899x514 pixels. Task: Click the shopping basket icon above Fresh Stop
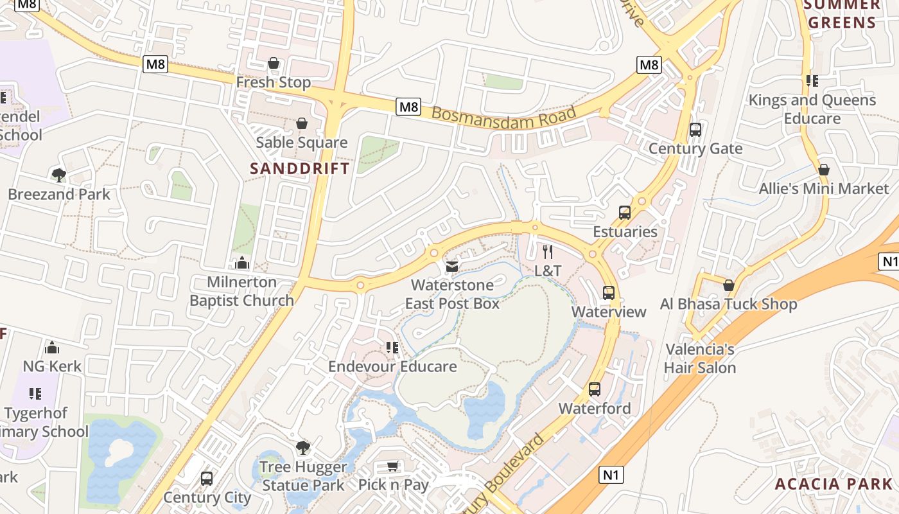click(x=274, y=63)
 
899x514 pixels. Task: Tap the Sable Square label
click(x=301, y=143)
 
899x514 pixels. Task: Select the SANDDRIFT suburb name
click(x=300, y=169)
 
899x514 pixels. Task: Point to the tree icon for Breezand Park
click(x=58, y=175)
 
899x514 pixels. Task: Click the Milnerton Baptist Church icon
click(x=242, y=263)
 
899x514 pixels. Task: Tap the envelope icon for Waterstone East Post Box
click(x=452, y=266)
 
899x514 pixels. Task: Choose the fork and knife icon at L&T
click(x=547, y=251)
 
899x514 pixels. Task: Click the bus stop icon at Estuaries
click(x=624, y=213)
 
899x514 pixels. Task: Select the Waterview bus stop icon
click(x=608, y=293)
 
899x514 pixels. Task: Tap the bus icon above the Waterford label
click(x=594, y=389)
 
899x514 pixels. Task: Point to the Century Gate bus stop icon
click(x=695, y=130)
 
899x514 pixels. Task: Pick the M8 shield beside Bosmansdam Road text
click(x=408, y=107)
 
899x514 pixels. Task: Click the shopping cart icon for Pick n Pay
click(x=392, y=466)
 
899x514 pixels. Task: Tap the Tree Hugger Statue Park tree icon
click(x=303, y=447)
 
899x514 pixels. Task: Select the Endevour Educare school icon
click(x=392, y=348)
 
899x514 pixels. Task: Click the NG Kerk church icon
click(x=52, y=348)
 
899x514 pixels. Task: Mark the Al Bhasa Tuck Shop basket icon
click(x=728, y=285)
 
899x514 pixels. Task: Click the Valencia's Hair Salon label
click(x=700, y=359)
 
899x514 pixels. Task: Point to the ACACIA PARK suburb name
click(x=833, y=484)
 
